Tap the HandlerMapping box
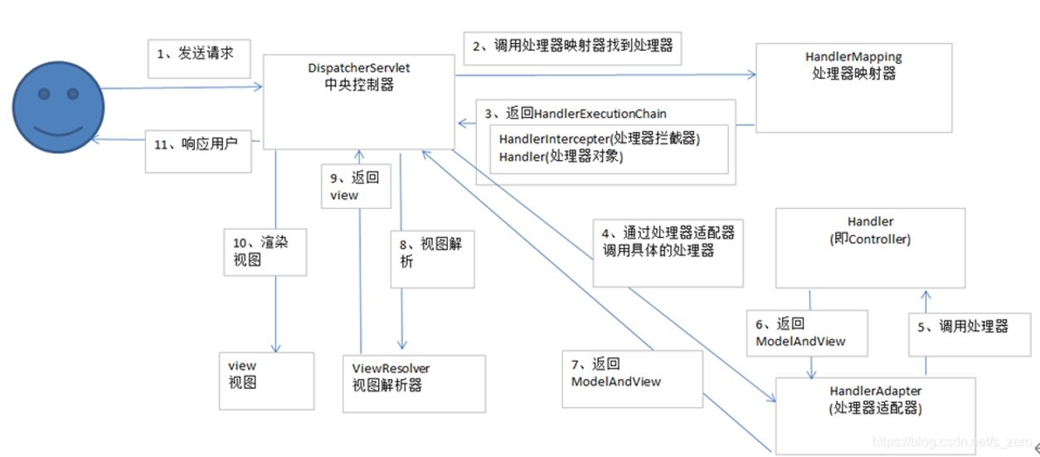[853, 87]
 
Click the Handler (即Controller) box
[870, 247]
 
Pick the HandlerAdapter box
[875, 414]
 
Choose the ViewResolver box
[414, 382]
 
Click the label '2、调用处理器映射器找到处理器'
[572, 47]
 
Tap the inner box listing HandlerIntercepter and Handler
[609, 148]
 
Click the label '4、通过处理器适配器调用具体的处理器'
[668, 242]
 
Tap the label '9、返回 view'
[353, 187]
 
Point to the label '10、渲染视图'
[265, 251]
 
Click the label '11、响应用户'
[197, 148]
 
